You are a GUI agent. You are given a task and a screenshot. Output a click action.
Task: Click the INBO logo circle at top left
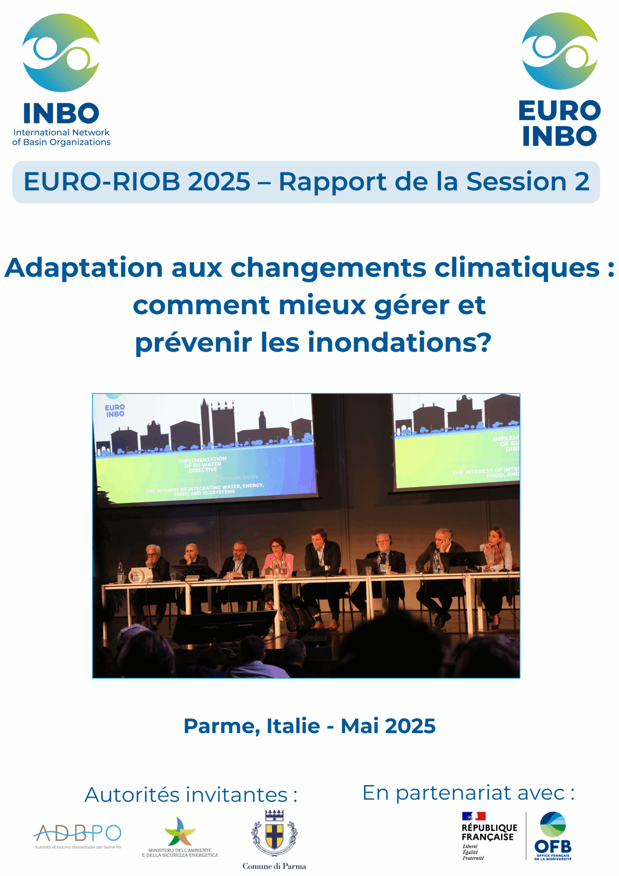[61, 53]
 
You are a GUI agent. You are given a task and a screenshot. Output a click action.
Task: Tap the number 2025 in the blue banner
[219, 181]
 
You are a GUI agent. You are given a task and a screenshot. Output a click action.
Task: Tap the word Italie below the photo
[293, 726]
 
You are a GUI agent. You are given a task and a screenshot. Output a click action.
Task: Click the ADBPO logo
[77, 833]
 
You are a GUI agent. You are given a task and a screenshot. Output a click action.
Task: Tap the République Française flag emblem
[473, 816]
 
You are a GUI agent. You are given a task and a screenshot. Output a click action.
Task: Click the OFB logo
[553, 836]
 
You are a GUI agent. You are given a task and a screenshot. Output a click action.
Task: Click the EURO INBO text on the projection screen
[115, 411]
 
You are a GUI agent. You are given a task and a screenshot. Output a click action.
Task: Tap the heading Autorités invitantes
[191, 795]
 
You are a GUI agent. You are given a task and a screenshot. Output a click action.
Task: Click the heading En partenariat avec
[469, 793]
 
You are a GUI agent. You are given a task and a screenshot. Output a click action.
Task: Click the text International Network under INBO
[61, 133]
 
